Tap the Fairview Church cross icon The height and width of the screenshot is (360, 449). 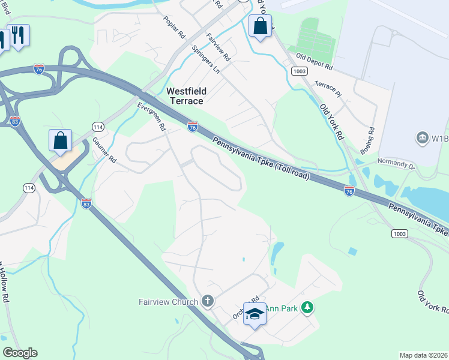[208, 301]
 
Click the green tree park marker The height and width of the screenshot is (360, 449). [307, 308]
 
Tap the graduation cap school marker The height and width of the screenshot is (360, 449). [255, 314]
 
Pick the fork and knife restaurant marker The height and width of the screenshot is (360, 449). [19, 35]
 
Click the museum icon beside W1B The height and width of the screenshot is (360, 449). [422, 139]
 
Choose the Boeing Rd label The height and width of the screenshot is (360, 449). [372, 137]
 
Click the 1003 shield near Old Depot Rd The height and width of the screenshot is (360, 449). [301, 71]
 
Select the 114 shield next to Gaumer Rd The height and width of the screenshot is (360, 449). [97, 126]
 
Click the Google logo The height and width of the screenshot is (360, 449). [20, 353]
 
